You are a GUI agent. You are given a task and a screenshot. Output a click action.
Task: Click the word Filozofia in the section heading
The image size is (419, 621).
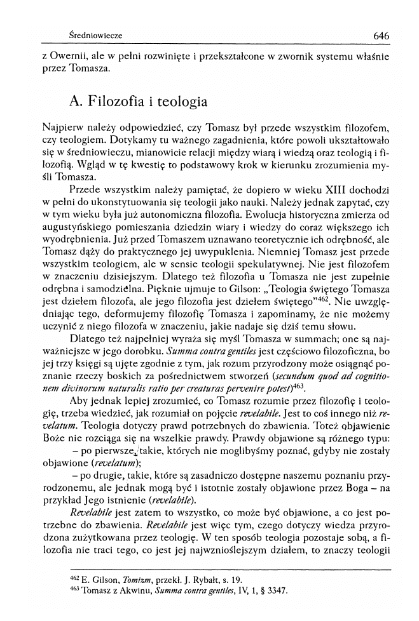click(120, 102)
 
